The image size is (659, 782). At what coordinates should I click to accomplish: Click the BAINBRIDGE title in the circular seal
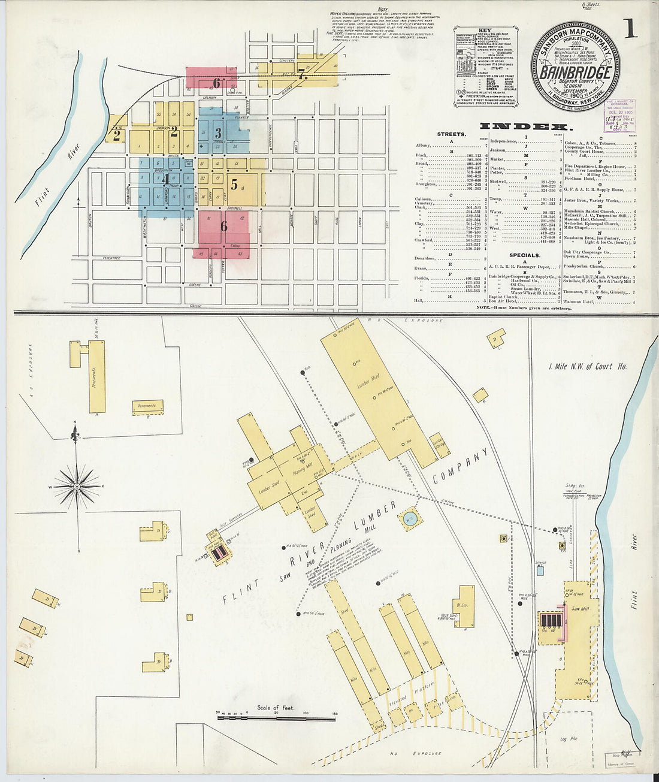tap(575, 72)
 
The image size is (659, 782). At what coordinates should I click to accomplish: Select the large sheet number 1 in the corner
tap(630, 29)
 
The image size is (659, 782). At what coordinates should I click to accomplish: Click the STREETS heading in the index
tap(451, 134)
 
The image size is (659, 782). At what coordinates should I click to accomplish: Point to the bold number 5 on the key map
tap(234, 186)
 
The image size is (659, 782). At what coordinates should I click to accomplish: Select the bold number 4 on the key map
tap(165, 179)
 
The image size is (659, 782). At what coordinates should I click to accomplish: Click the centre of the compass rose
tap(76, 487)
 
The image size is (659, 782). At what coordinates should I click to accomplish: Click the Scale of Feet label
tap(276, 708)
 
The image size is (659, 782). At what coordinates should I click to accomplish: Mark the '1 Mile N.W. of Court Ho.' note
tap(588, 366)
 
